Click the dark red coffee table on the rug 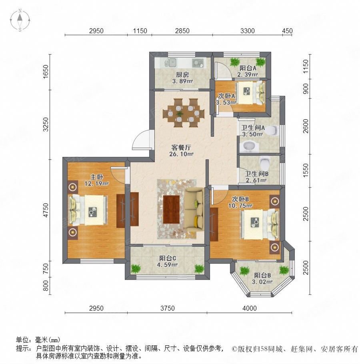tap(171, 209)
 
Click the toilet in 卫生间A tap(272, 130)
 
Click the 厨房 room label tap(182, 74)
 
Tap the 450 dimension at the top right tap(287, 31)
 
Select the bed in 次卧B tap(258, 222)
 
